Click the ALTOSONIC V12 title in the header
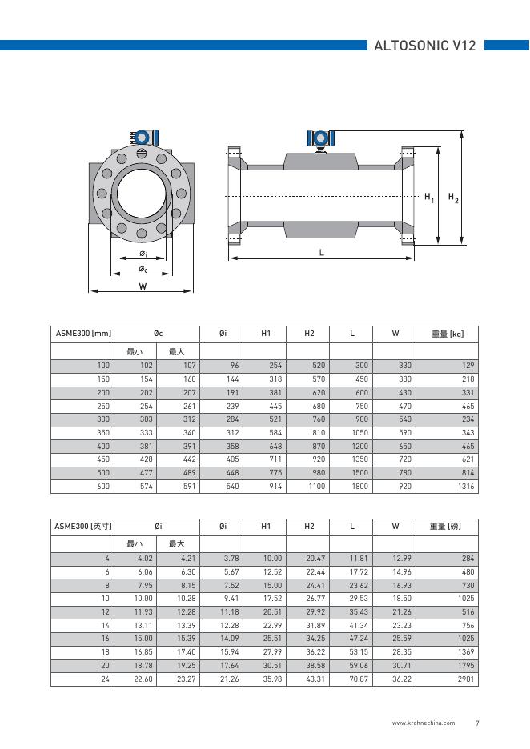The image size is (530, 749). point(425,46)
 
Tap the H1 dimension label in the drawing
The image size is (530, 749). point(429,197)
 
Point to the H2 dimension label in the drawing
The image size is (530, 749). point(452,197)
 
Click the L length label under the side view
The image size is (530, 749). point(321,252)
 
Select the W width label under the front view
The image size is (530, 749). point(143,286)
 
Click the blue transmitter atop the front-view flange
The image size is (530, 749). point(143,137)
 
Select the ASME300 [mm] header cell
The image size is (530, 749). point(82,334)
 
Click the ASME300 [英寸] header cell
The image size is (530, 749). point(82,526)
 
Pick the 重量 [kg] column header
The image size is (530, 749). point(448,334)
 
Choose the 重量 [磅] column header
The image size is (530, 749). point(448,526)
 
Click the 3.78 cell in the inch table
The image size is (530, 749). point(231,558)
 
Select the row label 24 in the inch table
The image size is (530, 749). point(105,679)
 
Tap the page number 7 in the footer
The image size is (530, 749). point(477,723)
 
